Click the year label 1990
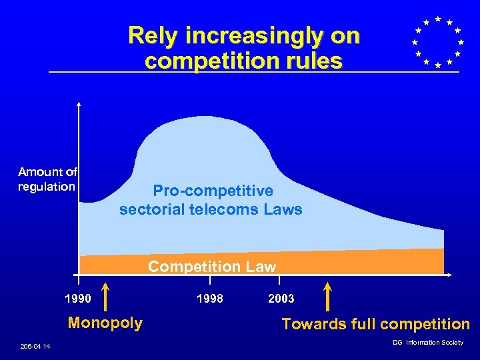coord(79,298)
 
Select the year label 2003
coord(281,298)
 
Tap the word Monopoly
coord(105,323)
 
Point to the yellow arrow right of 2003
coord(327,297)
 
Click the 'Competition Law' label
coord(212,267)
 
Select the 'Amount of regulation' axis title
coord(47,179)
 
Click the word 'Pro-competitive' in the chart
coord(213,191)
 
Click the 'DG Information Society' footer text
coord(427,343)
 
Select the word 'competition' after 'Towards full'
coord(423,325)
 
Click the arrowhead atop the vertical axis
coord(79,104)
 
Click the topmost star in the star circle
coord(437,19)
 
